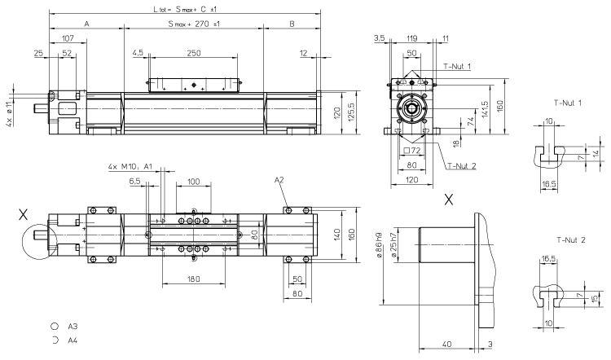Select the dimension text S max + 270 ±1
(194, 24)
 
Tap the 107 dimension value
(68, 37)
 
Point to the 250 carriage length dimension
(193, 53)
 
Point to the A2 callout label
(279, 179)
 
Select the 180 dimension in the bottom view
(194, 280)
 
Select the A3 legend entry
(72, 324)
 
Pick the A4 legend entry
(72, 339)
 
